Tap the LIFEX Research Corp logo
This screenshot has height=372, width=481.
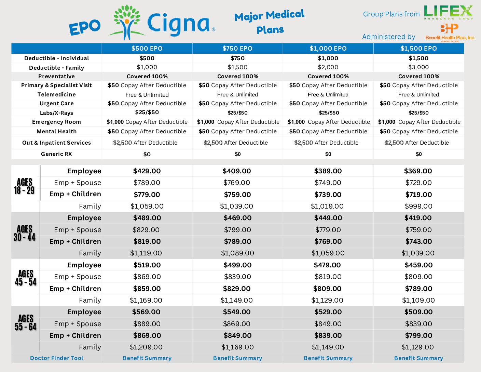pyautogui.click(x=448, y=12)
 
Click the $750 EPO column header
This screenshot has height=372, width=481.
pyautogui.click(x=237, y=49)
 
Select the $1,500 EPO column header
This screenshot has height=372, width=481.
pyautogui.click(x=418, y=49)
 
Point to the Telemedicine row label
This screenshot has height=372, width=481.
pyautogui.click(x=57, y=94)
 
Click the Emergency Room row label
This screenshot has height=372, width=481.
pyautogui.click(x=57, y=122)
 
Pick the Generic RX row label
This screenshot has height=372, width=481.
pyautogui.click(x=57, y=154)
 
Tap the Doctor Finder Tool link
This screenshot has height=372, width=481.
pyautogui.click(x=57, y=358)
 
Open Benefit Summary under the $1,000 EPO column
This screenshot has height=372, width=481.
pyautogui.click(x=328, y=358)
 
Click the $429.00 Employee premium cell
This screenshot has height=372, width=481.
pyautogui.click(x=147, y=171)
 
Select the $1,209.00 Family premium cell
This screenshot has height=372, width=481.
pyautogui.click(x=146, y=347)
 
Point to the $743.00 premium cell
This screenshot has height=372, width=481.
pyautogui.click(x=418, y=241)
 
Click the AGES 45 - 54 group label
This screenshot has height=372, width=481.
pyautogui.click(x=26, y=278)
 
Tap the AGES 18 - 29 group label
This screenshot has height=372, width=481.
pyautogui.click(x=24, y=186)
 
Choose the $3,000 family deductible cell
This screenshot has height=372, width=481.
pyautogui.click(x=418, y=67)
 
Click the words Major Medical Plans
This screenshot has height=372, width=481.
pyautogui.click(x=270, y=22)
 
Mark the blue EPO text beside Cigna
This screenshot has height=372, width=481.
pyautogui.click(x=85, y=27)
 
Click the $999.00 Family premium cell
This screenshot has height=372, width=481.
pyautogui.click(x=418, y=206)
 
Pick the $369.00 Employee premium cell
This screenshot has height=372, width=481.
pyautogui.click(x=418, y=171)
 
